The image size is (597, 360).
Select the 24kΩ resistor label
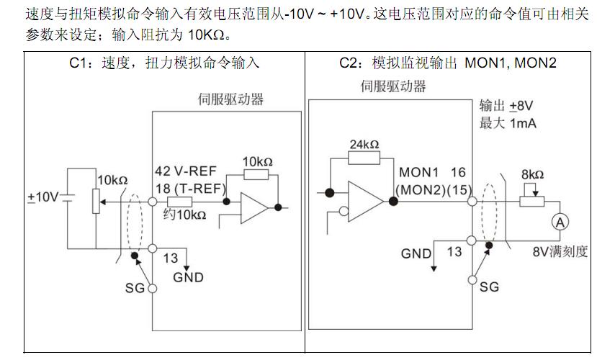coord(364,144)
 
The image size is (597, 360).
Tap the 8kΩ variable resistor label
coord(532,175)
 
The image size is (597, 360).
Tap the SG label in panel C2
coord(489,287)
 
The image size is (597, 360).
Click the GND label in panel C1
coord(188,277)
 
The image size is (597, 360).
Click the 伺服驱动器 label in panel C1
coord(230,99)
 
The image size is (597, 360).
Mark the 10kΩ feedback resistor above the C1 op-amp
coord(257,174)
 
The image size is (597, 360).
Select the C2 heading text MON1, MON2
coord(511,63)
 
